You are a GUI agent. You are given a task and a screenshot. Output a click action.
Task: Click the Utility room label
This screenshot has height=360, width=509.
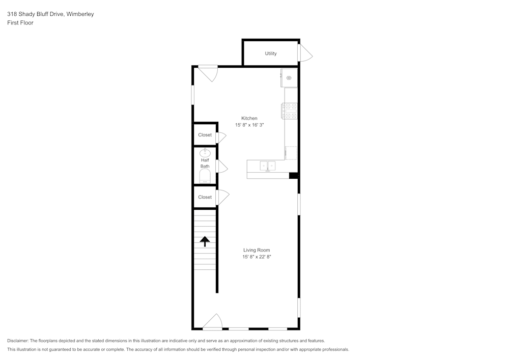coord(271,53)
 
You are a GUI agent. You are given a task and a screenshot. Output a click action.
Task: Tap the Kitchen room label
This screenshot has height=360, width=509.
coord(249,118)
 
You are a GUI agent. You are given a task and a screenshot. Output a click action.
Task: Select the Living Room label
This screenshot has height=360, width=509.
coord(257,250)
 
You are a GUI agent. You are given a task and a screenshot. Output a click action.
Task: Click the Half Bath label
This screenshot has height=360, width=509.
coord(205,163)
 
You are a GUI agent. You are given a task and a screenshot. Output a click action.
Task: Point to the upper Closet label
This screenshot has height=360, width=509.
coord(205,135)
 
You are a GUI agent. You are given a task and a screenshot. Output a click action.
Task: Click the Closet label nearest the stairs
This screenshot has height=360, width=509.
coord(205,197)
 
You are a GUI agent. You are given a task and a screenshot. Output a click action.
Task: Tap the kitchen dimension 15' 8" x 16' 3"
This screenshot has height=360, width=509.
coord(249,125)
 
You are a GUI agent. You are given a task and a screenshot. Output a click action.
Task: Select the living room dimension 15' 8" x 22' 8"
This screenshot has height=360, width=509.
coord(257,257)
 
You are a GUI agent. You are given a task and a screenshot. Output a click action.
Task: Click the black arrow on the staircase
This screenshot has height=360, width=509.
coord(205,241)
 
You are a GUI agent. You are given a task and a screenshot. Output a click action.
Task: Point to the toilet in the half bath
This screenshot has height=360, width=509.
coord(205,176)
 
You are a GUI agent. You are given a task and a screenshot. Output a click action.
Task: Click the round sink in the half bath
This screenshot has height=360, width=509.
coord(205,152)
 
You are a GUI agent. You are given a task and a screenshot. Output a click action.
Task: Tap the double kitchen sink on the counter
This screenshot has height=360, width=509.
coord(268,165)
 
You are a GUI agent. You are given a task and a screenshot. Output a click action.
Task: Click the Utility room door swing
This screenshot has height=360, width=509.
coord(305,53)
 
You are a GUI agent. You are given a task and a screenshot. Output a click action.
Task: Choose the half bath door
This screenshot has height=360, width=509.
coord(221,167)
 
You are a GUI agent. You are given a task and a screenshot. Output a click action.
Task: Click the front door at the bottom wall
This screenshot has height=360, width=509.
coord(213,322)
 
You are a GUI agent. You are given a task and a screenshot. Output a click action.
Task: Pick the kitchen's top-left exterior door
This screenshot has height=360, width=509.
coord(209,73)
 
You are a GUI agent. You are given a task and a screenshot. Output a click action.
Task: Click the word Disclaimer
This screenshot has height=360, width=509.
coord(18,341)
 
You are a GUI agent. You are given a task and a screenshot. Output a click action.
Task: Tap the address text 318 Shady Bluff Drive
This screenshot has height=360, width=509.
coord(36,14)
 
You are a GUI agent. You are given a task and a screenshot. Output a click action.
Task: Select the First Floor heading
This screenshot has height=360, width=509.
coord(20,23)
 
